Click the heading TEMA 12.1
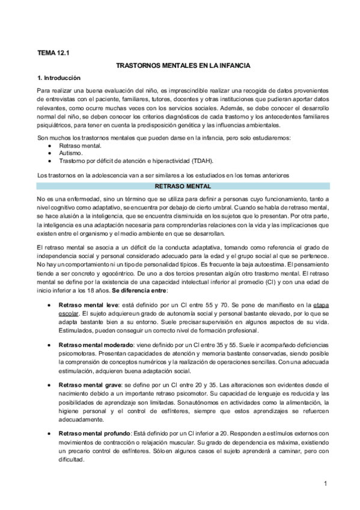(53, 53)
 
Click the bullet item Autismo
(71, 153)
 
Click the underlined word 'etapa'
(321, 306)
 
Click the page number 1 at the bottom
(324, 484)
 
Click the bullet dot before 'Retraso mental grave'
(49, 384)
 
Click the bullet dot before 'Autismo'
(49, 153)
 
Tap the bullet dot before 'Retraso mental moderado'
(49, 346)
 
